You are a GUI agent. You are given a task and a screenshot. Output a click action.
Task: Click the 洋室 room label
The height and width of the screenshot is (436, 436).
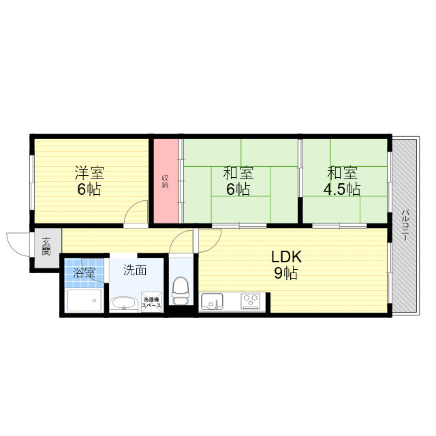89,173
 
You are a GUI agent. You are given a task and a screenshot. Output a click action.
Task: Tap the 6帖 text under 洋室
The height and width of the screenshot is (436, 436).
89,189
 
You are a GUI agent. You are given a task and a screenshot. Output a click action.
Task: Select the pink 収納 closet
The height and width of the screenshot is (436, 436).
165,181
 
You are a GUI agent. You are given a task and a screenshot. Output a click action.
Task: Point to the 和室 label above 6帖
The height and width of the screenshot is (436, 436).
238,173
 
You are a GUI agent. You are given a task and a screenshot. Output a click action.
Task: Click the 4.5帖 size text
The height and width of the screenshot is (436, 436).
343,189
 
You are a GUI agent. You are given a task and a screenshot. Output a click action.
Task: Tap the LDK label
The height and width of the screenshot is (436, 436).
286,257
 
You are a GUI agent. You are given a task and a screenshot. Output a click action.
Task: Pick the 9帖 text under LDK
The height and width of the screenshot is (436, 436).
286,273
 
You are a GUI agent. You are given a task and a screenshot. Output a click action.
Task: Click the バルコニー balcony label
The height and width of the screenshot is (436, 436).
405,224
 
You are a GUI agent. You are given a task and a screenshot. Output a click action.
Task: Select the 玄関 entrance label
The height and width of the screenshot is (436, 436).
46,245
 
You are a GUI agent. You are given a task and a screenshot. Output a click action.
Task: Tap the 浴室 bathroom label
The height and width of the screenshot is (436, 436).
84,272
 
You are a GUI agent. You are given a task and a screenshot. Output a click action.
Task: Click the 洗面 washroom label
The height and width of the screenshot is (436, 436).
135,270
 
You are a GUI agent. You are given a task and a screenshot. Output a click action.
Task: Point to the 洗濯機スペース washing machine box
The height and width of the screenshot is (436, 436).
151,302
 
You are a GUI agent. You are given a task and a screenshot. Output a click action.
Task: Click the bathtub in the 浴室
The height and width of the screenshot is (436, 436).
84,300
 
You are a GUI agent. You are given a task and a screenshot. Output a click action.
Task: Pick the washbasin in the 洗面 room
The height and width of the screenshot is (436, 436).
123,304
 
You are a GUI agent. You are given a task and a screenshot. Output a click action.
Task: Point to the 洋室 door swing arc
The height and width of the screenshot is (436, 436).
136,212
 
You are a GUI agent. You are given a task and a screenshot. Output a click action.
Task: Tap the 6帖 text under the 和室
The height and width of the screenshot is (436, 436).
238,189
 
